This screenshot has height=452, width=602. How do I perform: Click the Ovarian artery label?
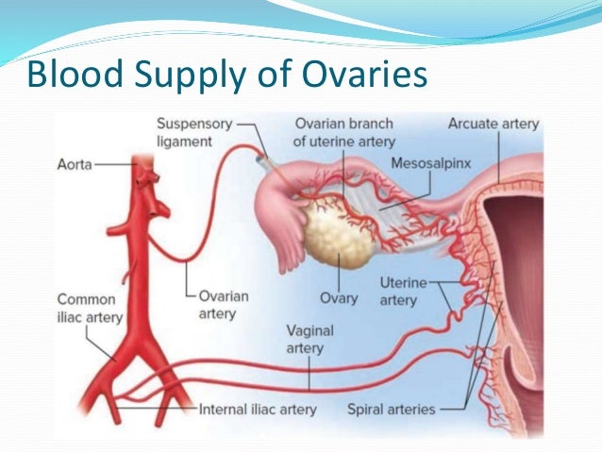tap(224, 304)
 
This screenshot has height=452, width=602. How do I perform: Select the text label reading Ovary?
tap(339, 298)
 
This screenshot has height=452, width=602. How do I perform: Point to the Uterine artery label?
tap(398, 291)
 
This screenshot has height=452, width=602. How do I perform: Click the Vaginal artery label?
tap(305, 340)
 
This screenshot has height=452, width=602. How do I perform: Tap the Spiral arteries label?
tap(391, 410)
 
